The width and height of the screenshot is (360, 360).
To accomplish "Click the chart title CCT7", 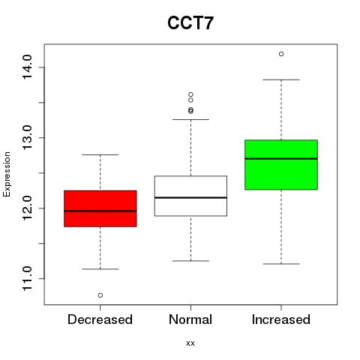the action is click(x=190, y=23).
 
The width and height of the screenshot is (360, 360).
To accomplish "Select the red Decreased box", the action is click(x=100, y=208).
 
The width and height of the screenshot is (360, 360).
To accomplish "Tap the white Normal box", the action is click(x=190, y=196).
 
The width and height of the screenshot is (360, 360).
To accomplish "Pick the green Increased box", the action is click(x=281, y=164).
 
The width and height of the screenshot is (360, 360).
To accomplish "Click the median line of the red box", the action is click(x=100, y=211).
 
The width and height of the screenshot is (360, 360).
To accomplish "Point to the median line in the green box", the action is click(x=281, y=158).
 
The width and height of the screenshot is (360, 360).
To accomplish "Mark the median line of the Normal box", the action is click(x=190, y=197).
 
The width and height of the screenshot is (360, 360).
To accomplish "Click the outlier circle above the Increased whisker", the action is click(x=281, y=54).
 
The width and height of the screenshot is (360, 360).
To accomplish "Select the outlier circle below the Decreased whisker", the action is click(x=100, y=295).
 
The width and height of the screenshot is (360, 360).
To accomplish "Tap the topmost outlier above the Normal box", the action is click(x=190, y=94).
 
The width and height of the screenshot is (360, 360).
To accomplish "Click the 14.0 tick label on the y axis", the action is click(x=27, y=67).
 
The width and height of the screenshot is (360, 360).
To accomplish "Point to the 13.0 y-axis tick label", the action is click(x=27, y=138).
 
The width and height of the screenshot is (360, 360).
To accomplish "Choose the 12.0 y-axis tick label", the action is click(x=27, y=208).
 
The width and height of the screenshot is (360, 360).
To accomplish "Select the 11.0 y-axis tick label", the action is click(x=27, y=278).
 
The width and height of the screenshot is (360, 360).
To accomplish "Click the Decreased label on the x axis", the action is click(x=100, y=319).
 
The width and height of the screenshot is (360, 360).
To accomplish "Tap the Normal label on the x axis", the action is click(x=190, y=319).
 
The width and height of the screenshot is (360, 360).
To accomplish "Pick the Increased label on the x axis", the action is click(x=281, y=319).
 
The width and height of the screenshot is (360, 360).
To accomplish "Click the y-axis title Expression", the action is click(x=7, y=174).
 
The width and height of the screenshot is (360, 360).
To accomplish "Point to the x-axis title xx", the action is click(x=190, y=343).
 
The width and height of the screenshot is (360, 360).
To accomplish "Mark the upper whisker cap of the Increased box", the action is click(x=281, y=79).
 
